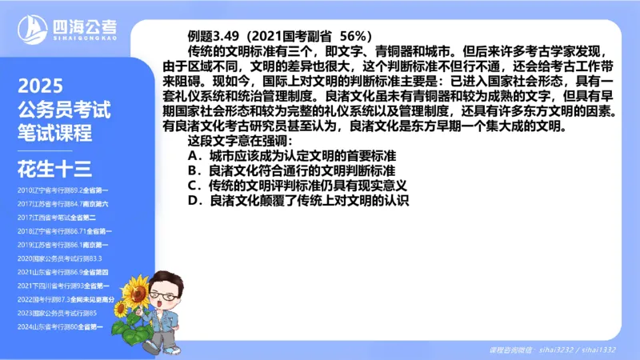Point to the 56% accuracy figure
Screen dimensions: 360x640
(355, 35)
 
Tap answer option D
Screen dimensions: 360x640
(298, 201)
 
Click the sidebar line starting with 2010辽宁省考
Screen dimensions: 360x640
(62, 190)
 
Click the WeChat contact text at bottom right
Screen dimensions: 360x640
(552, 350)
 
